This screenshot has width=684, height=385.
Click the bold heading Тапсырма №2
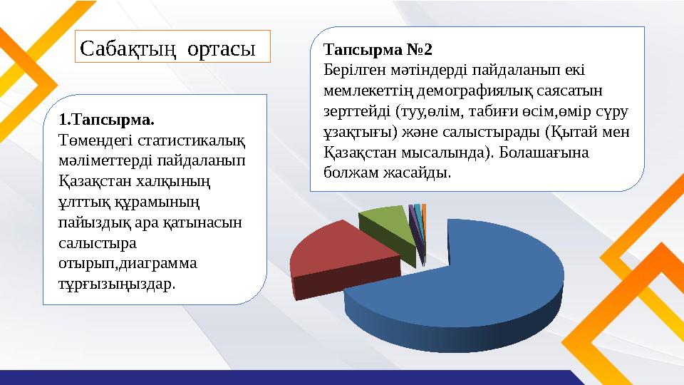[x=378, y=51]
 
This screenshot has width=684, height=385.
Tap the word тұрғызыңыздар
[x=116, y=284]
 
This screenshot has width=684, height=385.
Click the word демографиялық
[x=479, y=91]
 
